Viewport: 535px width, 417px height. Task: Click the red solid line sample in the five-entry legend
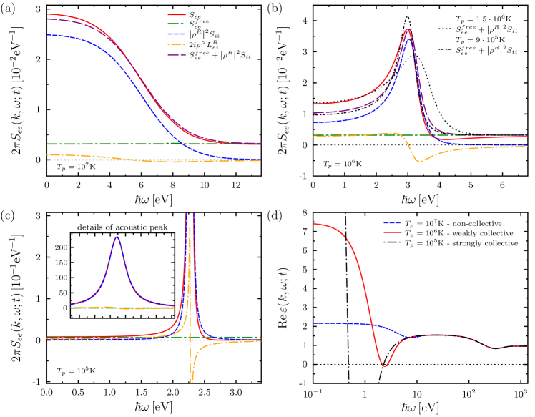177,14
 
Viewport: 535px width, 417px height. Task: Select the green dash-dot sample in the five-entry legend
177,24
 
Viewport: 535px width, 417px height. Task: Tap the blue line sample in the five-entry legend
177,34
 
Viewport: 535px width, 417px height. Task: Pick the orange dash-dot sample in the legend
177,44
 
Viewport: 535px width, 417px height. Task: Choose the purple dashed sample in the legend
177,54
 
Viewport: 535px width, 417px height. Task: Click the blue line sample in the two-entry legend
392,222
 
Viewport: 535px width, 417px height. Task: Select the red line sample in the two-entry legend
392,232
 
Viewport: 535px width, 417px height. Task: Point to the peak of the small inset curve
117,237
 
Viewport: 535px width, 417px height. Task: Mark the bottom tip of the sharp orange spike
192,383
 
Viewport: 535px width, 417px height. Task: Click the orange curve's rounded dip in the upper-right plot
421,162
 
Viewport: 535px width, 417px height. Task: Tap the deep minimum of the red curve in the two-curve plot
385,366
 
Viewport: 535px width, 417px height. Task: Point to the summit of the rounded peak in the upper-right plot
408,29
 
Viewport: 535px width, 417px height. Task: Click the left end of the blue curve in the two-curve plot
314,323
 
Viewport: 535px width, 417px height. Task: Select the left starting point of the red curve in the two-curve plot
314,224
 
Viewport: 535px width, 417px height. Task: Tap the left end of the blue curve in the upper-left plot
47,34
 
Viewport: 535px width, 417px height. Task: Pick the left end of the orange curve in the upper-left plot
47,154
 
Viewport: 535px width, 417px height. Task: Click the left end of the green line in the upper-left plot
47,144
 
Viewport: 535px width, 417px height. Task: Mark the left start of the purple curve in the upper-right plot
314,112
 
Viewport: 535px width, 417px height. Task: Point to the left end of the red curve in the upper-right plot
314,104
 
